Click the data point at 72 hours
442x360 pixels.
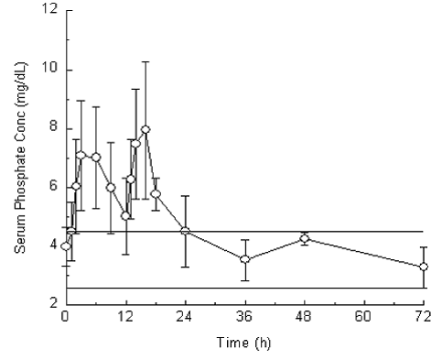pyautogui.click(x=424, y=267)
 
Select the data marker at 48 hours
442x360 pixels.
pyautogui.click(x=305, y=238)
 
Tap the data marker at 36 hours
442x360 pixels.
pyautogui.click(x=245, y=259)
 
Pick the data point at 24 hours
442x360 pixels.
pyautogui.click(x=186, y=231)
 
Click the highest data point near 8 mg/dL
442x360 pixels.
pyautogui.click(x=146, y=129)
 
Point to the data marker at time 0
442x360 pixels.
pyautogui.click(x=66, y=245)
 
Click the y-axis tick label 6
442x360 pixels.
pyautogui.click(x=52, y=187)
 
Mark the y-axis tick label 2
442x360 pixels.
pyautogui.click(x=52, y=303)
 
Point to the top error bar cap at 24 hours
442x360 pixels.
pyautogui.click(x=186, y=196)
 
